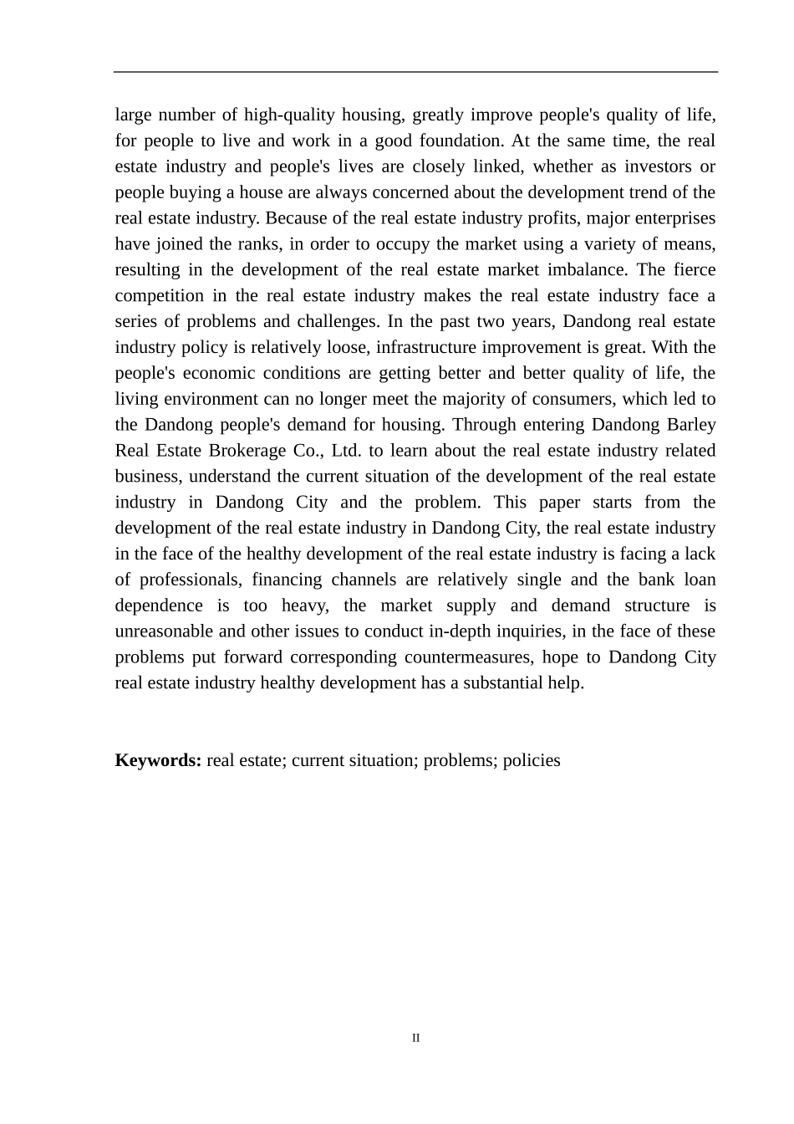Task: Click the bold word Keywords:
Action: point(158,760)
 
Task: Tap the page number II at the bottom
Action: point(415,1038)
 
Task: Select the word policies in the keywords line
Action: point(532,760)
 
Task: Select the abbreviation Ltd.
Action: point(346,451)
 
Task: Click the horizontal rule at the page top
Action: point(415,72)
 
